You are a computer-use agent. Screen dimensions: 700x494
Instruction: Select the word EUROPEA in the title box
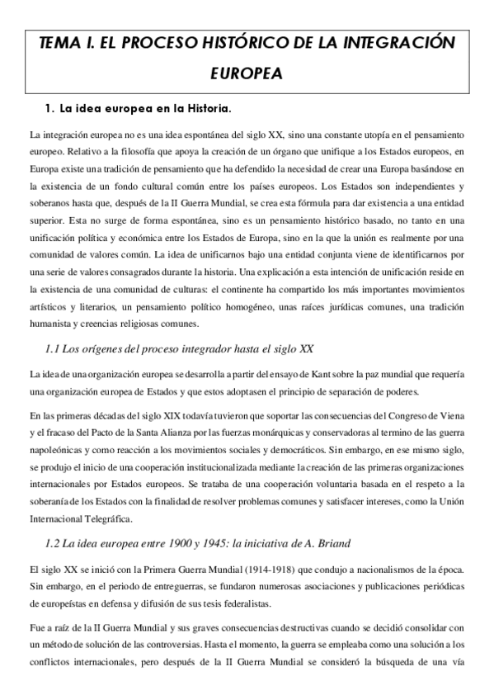pyautogui.click(x=247, y=74)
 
